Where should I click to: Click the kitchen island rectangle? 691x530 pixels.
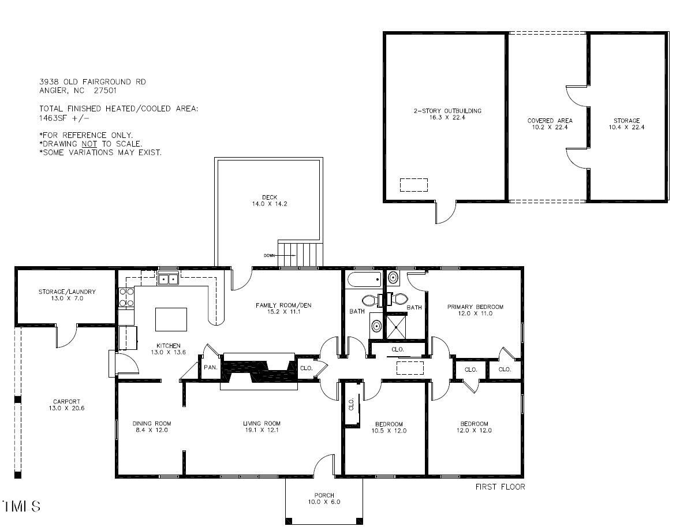pos(171,319)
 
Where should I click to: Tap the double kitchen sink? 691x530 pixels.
pos(168,279)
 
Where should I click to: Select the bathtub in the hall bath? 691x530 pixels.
pos(364,281)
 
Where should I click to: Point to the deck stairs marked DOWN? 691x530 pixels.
pos(300,255)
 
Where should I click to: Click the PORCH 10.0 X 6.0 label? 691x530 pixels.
pos(324,499)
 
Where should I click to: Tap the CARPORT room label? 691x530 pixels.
pos(67,405)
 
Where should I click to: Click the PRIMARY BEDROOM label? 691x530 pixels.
pos(475,310)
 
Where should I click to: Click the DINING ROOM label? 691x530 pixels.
pos(151,427)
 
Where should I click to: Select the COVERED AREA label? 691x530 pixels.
pos(550,124)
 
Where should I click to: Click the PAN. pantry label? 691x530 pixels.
pos(210,367)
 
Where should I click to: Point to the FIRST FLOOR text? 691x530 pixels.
pos(500,487)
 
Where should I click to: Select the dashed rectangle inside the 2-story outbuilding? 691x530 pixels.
pos(414,185)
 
